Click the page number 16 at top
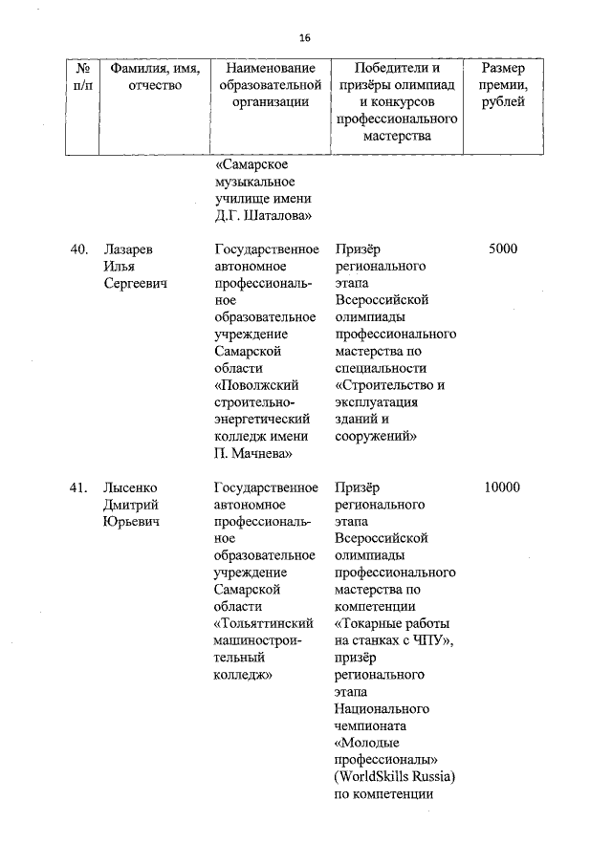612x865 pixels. click(305, 38)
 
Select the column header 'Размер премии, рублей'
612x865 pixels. click(502, 85)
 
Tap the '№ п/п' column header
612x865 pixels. click(83, 77)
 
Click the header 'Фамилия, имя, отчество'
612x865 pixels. click(146, 77)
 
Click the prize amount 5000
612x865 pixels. click(502, 249)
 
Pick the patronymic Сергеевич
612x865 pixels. click(135, 284)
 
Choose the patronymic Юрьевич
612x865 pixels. click(130, 523)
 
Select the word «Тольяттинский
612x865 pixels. click(261, 624)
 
